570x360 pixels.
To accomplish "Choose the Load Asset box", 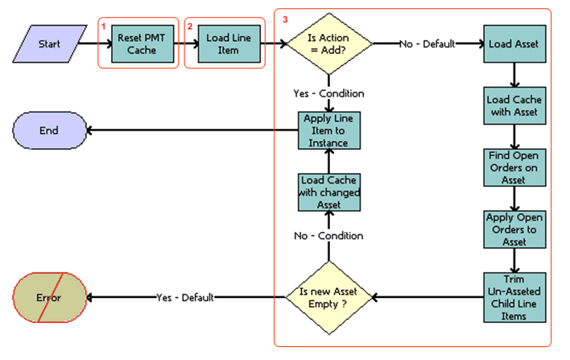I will (x=514, y=43).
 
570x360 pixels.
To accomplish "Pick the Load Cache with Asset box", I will (x=514, y=105).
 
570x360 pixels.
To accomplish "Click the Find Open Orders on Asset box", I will (x=514, y=166).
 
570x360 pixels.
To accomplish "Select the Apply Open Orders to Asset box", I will (x=514, y=229).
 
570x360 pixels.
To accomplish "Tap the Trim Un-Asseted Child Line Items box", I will (x=514, y=297).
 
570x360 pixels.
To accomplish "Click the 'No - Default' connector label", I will (x=427, y=43).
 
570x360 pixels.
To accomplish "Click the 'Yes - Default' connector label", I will (x=184, y=297).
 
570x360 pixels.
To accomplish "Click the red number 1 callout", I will (x=104, y=26).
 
